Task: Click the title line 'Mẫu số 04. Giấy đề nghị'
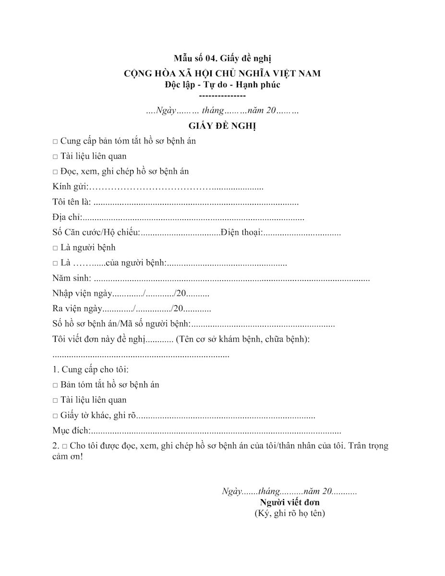[x=223, y=59]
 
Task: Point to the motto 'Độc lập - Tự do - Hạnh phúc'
[x=222, y=84]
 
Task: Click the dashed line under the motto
[x=222, y=96]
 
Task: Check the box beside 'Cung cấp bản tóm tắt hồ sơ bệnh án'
[x=55, y=142]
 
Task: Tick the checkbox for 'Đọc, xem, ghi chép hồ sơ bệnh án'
[x=55, y=172]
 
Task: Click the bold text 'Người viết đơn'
[x=290, y=503]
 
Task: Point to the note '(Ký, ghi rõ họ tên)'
[x=290, y=514]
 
